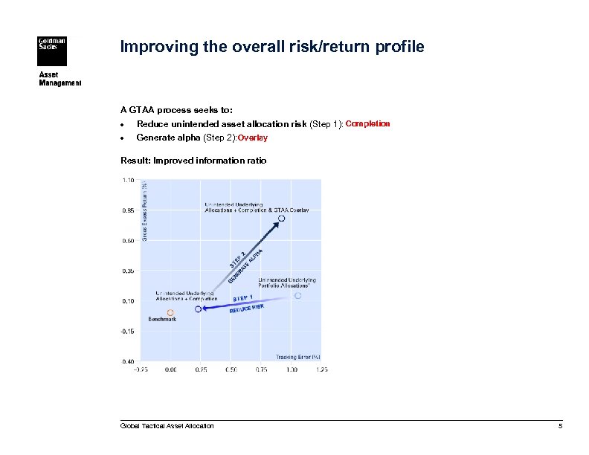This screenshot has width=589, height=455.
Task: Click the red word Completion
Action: [x=367, y=123]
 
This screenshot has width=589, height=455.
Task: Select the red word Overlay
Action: [x=253, y=138]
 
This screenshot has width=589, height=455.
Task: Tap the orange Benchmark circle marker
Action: [x=170, y=312]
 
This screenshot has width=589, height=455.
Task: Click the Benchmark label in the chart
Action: [x=162, y=320]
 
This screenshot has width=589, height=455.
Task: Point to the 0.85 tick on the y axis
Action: [x=129, y=210]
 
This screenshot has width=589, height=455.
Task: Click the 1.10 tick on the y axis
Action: [x=129, y=180]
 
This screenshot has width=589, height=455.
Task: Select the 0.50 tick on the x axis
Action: [x=231, y=369]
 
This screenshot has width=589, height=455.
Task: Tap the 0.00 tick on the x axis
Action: [x=170, y=369]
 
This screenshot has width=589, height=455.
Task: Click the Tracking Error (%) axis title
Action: [x=298, y=357]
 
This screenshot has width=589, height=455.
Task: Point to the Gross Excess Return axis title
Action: [x=145, y=211]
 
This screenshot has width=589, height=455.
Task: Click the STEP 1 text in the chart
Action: [x=243, y=298]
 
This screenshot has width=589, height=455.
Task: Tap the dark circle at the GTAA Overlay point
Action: [x=281, y=218]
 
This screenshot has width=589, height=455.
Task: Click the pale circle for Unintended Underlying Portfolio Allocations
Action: [x=297, y=295]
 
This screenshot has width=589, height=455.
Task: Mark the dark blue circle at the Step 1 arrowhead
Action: [x=198, y=309]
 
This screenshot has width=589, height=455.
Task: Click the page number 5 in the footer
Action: [x=560, y=426]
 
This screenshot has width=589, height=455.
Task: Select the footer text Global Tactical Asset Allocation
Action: [x=167, y=426]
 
